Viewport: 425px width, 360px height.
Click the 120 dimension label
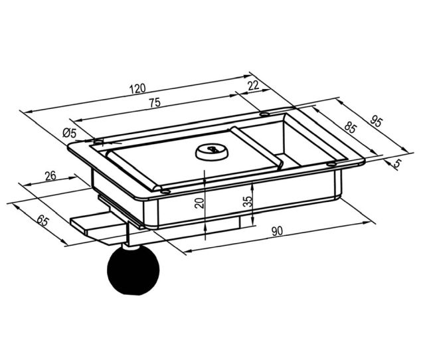click(137, 88)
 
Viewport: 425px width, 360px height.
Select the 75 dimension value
click(155, 103)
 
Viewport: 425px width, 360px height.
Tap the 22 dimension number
click(254, 86)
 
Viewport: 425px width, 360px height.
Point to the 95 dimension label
click(377, 121)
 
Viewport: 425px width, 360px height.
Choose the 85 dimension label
click(350, 128)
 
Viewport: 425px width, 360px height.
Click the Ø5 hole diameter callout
click(70, 133)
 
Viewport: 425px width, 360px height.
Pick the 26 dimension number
click(50, 176)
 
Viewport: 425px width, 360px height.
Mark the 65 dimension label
click(42, 220)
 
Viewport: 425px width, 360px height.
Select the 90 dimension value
click(277, 231)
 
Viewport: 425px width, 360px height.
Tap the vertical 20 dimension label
click(199, 203)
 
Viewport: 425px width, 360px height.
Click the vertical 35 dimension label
click(248, 201)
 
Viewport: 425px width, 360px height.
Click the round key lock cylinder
click(211, 152)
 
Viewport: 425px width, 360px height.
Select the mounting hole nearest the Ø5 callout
click(98, 141)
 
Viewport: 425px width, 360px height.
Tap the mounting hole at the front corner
click(165, 191)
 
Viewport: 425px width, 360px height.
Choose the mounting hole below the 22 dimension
click(265, 114)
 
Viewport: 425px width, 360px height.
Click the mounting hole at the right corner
click(331, 164)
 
